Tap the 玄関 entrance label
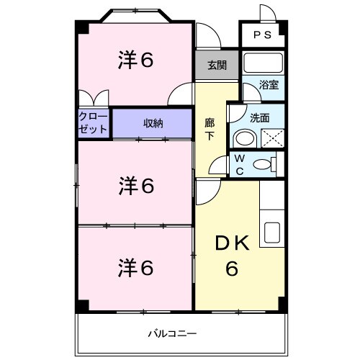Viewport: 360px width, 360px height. pyautogui.click(x=217, y=65)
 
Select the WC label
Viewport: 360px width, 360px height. pyautogui.click(x=240, y=164)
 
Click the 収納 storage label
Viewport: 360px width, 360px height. pyautogui.click(x=152, y=123)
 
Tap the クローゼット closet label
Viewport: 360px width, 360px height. pyautogui.click(x=94, y=122)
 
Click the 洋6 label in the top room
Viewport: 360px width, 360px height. pyautogui.click(x=135, y=61)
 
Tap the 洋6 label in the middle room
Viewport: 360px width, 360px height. pyautogui.click(x=135, y=186)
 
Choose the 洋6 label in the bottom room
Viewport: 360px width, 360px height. pyautogui.click(x=135, y=267)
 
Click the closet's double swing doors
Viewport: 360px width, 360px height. pyautogui.click(x=94, y=99)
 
